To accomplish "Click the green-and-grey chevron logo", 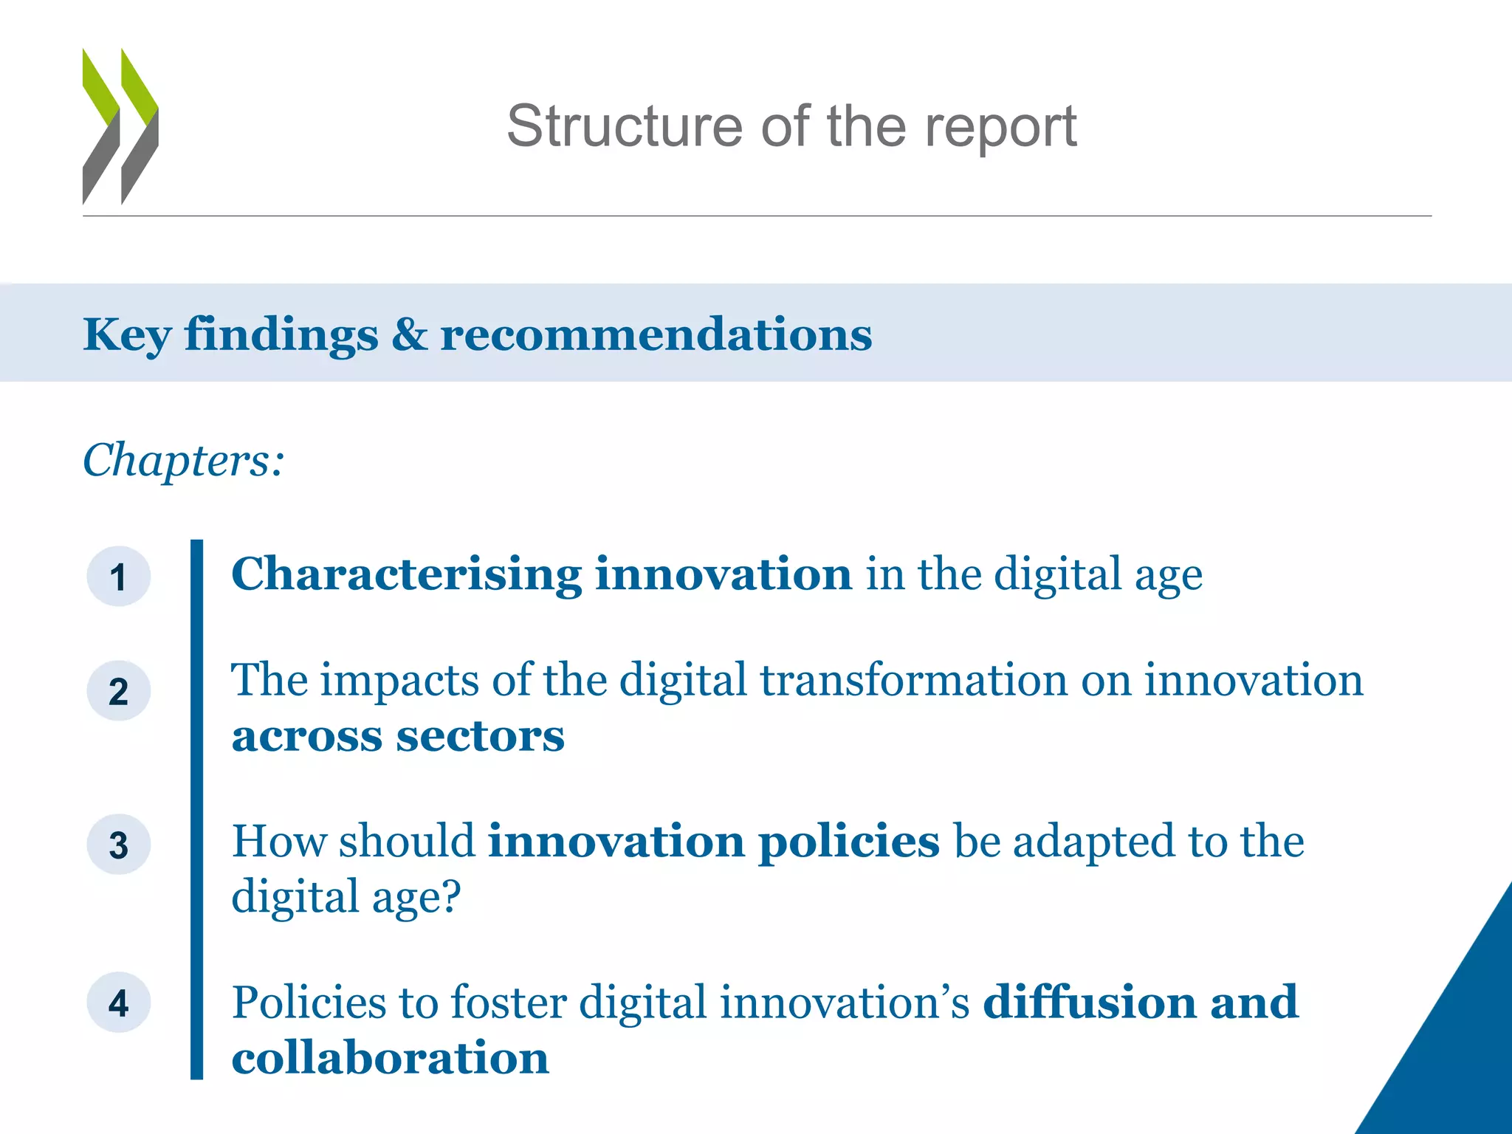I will point(120,126).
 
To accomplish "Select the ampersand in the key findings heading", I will point(409,334).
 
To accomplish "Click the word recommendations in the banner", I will point(656,334).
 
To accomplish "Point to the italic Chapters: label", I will point(183,460).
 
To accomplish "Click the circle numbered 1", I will point(118,577).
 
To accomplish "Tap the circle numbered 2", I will point(118,691).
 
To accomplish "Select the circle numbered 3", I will point(118,845).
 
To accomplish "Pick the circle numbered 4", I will point(118,1003).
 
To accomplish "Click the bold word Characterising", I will point(406,575).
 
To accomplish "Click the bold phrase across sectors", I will point(397,736).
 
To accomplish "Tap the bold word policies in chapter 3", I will point(849,842).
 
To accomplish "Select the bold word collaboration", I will point(390,1058).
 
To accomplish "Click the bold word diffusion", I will point(1090,1002).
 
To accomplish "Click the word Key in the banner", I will point(127,335).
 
